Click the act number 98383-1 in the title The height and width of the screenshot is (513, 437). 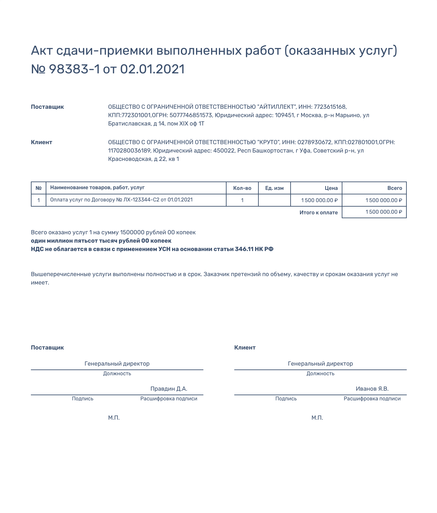74,69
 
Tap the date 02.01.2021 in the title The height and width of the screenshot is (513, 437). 153,69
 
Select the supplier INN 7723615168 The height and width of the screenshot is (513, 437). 330,107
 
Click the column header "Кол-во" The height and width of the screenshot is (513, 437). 242,188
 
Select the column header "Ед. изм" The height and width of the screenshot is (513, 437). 274,188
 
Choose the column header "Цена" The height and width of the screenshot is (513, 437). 331,188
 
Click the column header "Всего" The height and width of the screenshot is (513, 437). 395,188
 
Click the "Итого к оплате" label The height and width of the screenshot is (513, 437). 318,212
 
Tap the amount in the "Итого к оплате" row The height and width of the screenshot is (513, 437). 384,212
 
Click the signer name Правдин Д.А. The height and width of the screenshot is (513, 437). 169,389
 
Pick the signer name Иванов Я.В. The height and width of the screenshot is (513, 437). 372,389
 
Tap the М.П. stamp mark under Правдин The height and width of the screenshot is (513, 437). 114,418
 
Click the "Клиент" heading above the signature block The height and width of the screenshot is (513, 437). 245,348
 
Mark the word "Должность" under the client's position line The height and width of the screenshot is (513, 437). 320,374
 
